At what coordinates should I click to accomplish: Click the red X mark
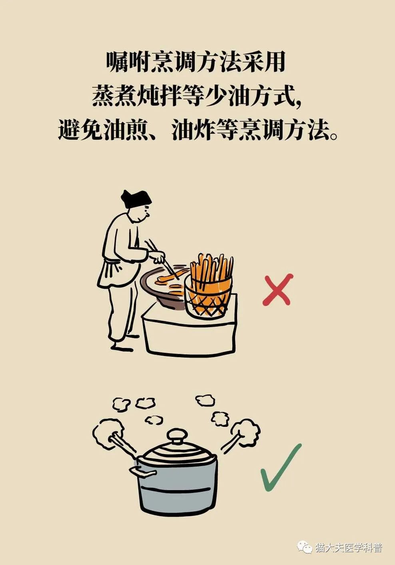277,290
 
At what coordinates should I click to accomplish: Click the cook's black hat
136,199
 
